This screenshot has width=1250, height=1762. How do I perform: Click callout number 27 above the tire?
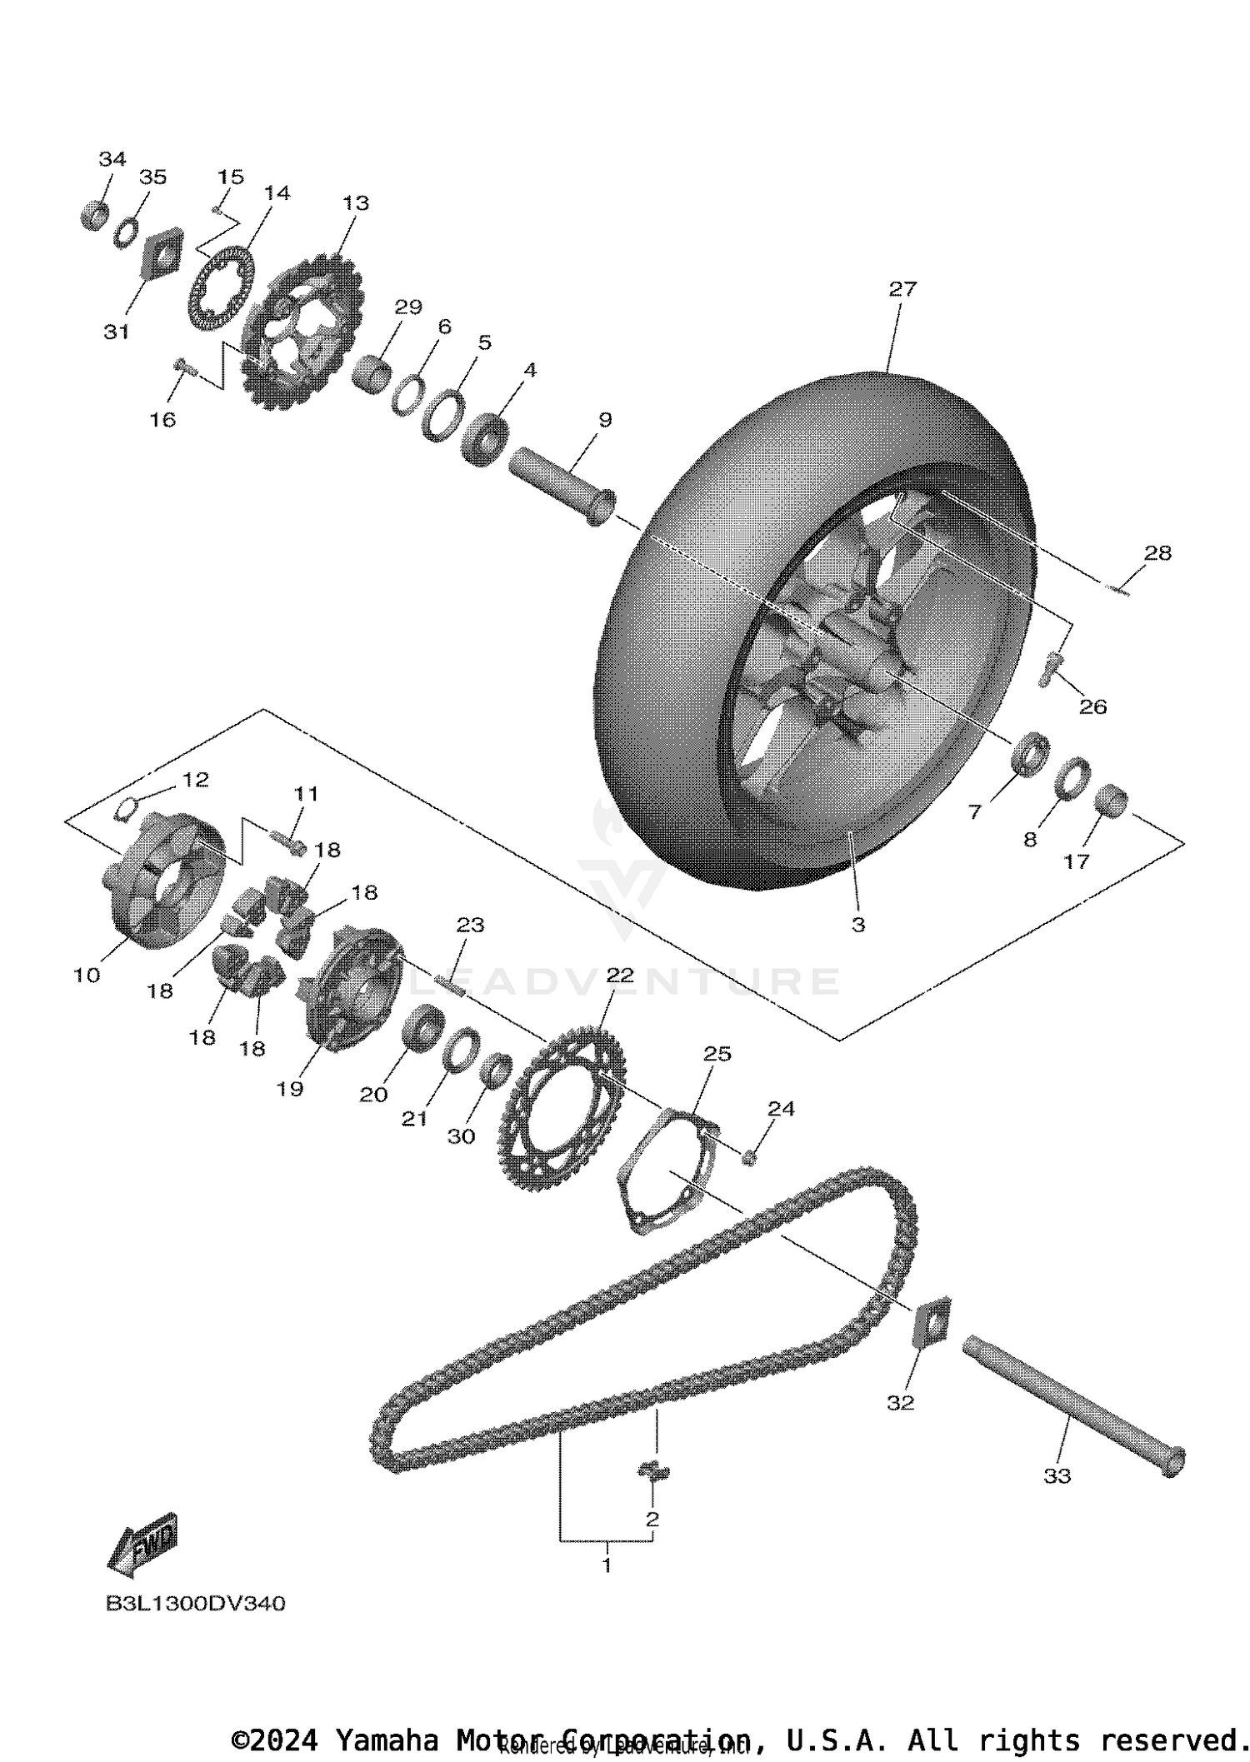point(902,289)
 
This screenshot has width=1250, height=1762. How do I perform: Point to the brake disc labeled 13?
point(302,332)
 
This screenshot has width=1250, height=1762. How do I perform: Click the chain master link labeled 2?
point(654,1471)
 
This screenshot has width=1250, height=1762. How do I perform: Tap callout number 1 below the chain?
point(607,1565)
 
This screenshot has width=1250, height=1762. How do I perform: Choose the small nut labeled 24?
point(748,1156)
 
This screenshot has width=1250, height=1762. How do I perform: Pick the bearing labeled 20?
point(423,1027)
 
